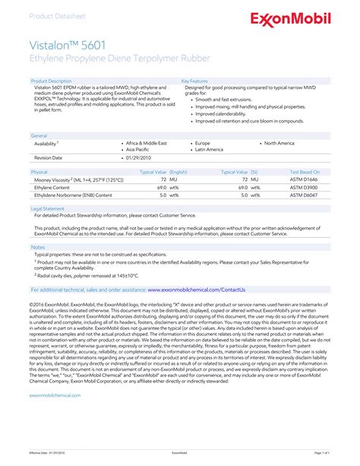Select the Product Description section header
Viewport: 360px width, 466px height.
click(51, 80)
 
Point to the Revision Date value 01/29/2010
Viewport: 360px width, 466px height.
click(137, 157)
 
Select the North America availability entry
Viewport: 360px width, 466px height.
click(279, 143)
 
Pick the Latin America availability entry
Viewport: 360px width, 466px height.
click(209, 150)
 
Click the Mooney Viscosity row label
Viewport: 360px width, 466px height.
click(68, 179)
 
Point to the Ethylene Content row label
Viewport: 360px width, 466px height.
click(52, 187)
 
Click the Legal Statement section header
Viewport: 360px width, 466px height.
click(47, 208)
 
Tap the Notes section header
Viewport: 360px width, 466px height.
click(38, 247)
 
